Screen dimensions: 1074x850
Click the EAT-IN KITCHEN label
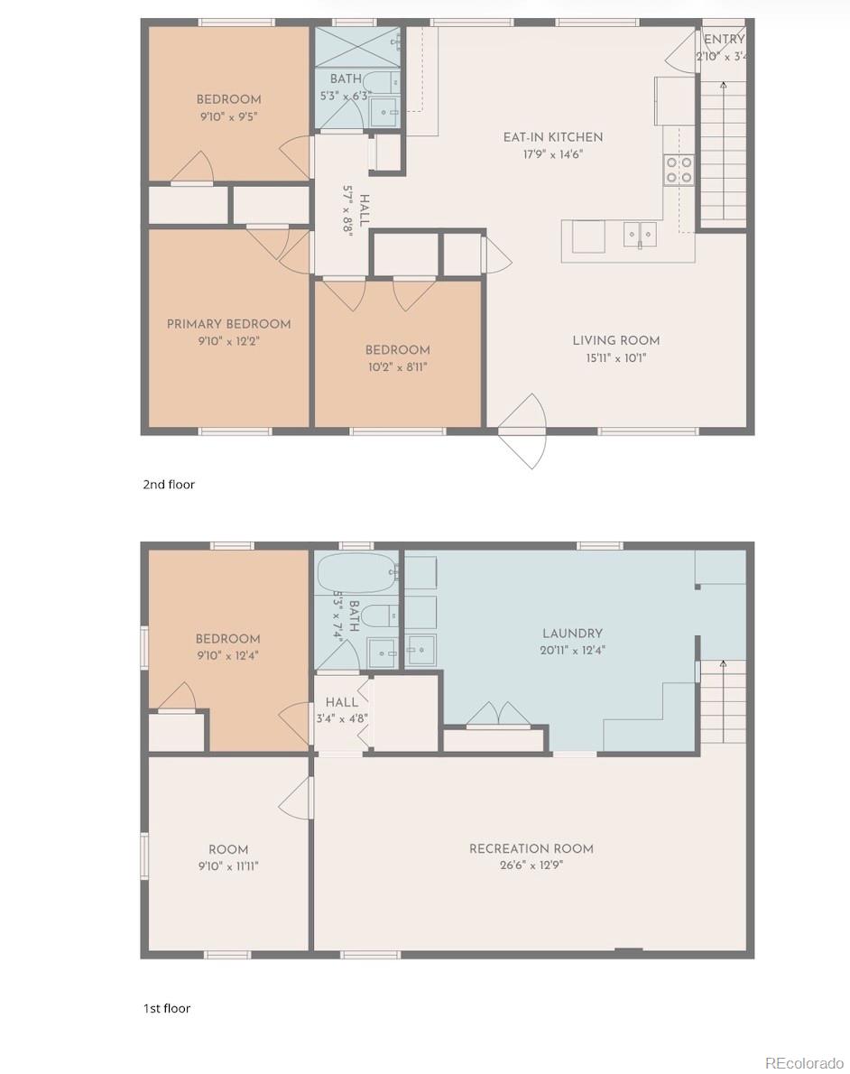[552, 137]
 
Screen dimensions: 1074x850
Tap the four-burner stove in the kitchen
[679, 170]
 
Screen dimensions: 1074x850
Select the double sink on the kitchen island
[639, 235]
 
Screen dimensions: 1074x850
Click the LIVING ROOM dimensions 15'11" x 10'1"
[615, 357]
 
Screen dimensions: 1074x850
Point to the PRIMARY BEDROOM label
[228, 324]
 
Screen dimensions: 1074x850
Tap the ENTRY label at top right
[724, 40]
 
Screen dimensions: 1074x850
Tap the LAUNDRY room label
[572, 634]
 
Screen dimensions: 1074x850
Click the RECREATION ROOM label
[531, 848]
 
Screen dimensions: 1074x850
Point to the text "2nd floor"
[169, 485]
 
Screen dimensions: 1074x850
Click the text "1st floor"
[167, 1008]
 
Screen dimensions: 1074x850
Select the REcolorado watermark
[800, 1061]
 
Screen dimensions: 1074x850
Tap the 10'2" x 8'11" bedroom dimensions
[397, 367]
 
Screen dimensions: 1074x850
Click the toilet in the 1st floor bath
[377, 616]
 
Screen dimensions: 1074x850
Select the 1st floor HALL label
[341, 702]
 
